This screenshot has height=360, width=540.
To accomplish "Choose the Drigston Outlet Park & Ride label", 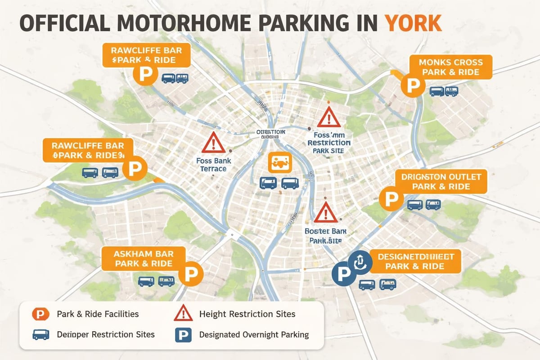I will (x=441, y=181).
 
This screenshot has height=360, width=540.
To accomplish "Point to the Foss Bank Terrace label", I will (x=211, y=164).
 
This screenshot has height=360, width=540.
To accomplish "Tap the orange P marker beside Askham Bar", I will (x=191, y=274).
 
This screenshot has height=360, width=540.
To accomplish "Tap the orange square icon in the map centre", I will (x=280, y=162).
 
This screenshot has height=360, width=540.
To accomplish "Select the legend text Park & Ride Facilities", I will (x=98, y=314).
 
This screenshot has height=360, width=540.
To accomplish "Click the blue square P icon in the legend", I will (x=183, y=335).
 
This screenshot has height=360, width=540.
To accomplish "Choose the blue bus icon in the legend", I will (x=40, y=335).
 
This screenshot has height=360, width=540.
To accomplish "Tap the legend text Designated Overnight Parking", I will (x=254, y=335).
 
